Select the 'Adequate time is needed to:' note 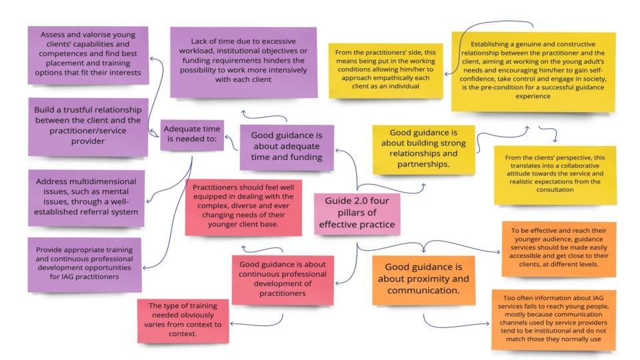pyautogui.click(x=192, y=134)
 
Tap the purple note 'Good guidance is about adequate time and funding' pyautogui.click(x=287, y=146)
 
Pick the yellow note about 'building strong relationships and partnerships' pyautogui.click(x=423, y=148)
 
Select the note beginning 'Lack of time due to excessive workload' pyautogui.click(x=243, y=61)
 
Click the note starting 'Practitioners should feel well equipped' pyautogui.click(x=243, y=206)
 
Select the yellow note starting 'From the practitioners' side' pyautogui.click(x=385, y=70)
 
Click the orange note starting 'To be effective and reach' pyautogui.click(x=559, y=249)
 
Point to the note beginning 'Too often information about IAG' pyautogui.click(x=553, y=319)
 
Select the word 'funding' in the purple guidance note pyautogui.click(x=312, y=157)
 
